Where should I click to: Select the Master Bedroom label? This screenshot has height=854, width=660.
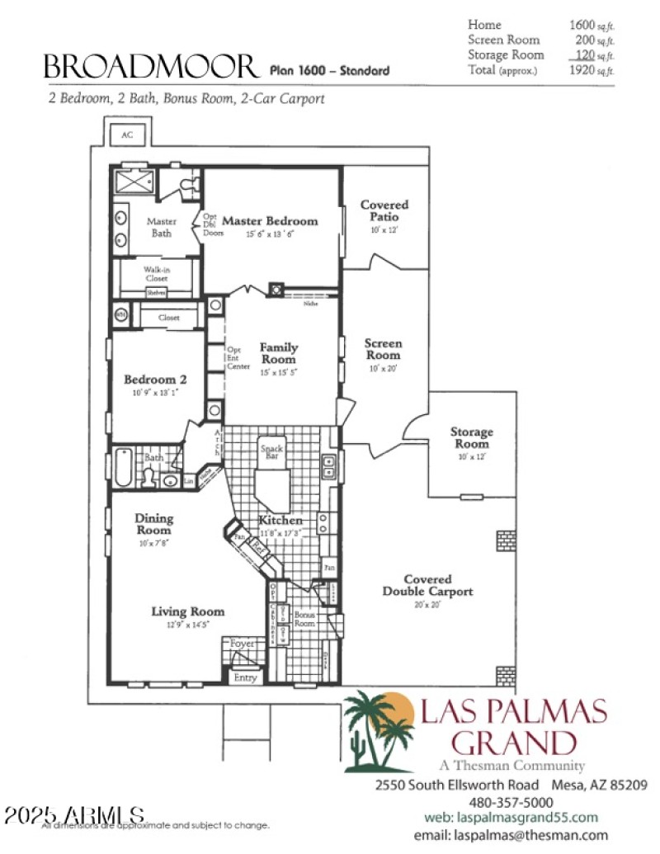pyautogui.click(x=270, y=221)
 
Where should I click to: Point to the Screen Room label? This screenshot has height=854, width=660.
pyautogui.click(x=384, y=349)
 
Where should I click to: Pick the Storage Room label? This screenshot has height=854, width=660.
pyautogui.click(x=471, y=437)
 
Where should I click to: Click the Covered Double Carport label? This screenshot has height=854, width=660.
pyautogui.click(x=427, y=586)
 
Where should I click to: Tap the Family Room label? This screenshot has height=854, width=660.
pyautogui.click(x=279, y=353)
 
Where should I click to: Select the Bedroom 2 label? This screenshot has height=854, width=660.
pyautogui.click(x=155, y=380)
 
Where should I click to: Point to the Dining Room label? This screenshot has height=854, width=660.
pyautogui.click(x=154, y=525)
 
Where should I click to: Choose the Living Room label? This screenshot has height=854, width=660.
pyautogui.click(x=187, y=611)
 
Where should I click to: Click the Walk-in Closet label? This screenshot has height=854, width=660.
pyautogui.click(x=157, y=274)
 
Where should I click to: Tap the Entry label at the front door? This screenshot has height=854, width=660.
pyautogui.click(x=246, y=677)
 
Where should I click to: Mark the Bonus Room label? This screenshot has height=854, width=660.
pyautogui.click(x=305, y=618)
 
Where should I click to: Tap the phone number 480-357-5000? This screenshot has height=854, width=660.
pyautogui.click(x=511, y=801)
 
